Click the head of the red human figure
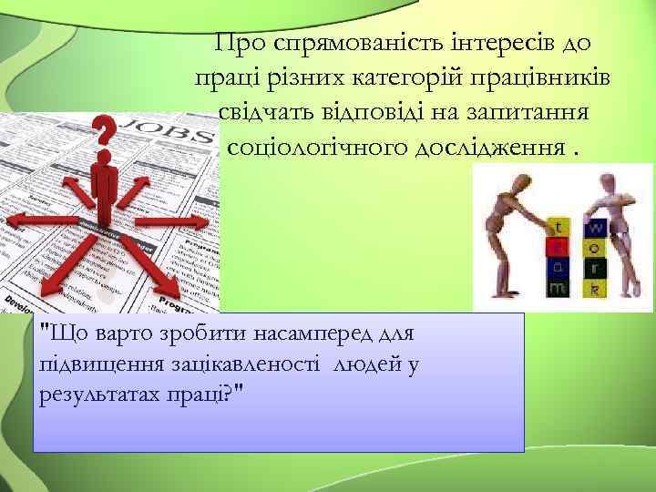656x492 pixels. tap(106, 159)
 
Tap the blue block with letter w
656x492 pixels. tap(595, 225)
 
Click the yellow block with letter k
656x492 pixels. tap(595, 289)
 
